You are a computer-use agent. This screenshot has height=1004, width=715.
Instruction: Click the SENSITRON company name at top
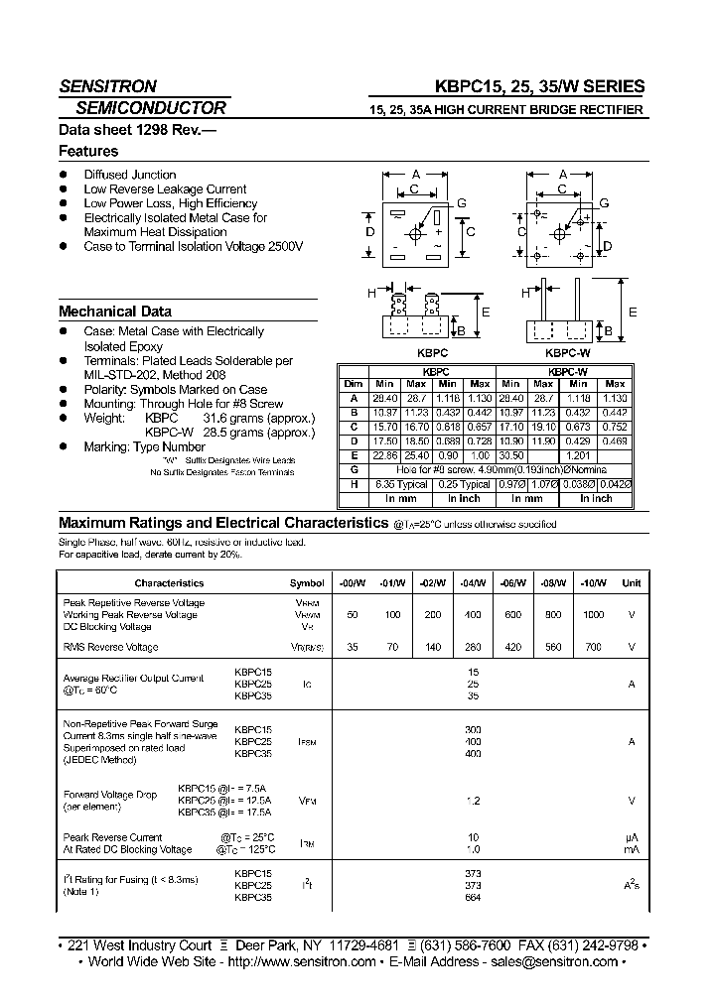point(107,86)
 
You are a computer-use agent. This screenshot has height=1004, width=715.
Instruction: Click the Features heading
point(88,152)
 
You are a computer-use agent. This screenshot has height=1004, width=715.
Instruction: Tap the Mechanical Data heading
point(115,311)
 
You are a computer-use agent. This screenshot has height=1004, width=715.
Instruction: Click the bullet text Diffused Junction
point(130,175)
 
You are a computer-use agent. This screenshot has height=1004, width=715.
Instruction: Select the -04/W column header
point(474,583)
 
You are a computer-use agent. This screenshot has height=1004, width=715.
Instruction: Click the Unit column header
point(631,583)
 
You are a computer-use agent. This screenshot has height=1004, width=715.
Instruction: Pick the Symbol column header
point(307,583)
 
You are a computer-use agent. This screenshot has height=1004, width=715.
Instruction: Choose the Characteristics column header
point(169,583)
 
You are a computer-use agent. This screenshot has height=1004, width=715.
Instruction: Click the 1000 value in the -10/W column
point(593,615)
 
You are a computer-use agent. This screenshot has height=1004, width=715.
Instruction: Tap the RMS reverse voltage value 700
point(593,647)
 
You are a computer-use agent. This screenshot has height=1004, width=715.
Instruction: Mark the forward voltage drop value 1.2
point(474,800)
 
